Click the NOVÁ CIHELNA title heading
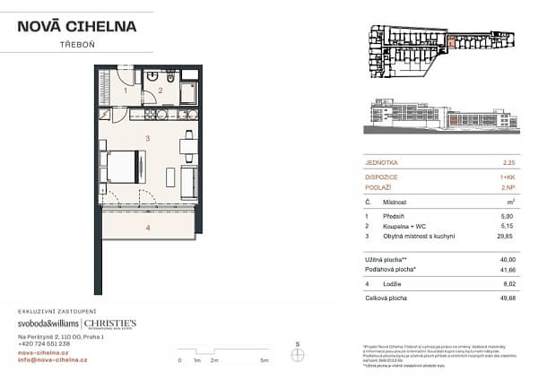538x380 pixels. [x=77, y=25]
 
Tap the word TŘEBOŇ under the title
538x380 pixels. [x=76, y=44]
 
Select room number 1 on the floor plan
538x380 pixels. [x=126, y=90]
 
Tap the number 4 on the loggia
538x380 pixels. [x=148, y=227]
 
